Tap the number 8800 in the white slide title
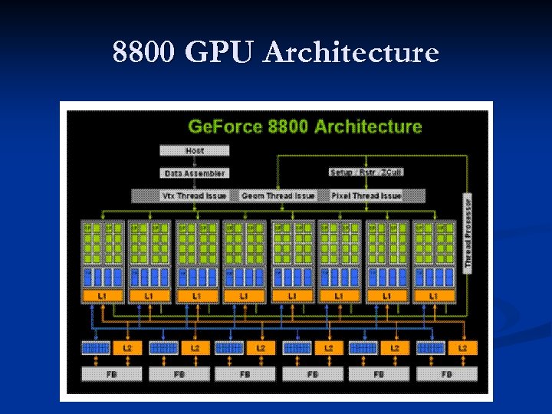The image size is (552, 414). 144,53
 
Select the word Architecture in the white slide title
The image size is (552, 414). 351,53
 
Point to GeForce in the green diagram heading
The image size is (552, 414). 224,127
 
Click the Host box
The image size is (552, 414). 195,151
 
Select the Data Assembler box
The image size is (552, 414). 195,173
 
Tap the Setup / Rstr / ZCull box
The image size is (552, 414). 366,172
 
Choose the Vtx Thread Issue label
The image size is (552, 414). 195,195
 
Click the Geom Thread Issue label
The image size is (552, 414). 276,195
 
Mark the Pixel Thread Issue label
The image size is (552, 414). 366,195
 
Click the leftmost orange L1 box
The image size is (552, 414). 103,296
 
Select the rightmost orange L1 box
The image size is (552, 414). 434,296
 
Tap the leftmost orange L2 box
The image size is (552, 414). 127,348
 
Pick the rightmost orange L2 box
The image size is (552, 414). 462,348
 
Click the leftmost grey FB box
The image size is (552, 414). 112,374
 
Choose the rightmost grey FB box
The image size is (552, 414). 446,374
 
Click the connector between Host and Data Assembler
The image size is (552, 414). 195,162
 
